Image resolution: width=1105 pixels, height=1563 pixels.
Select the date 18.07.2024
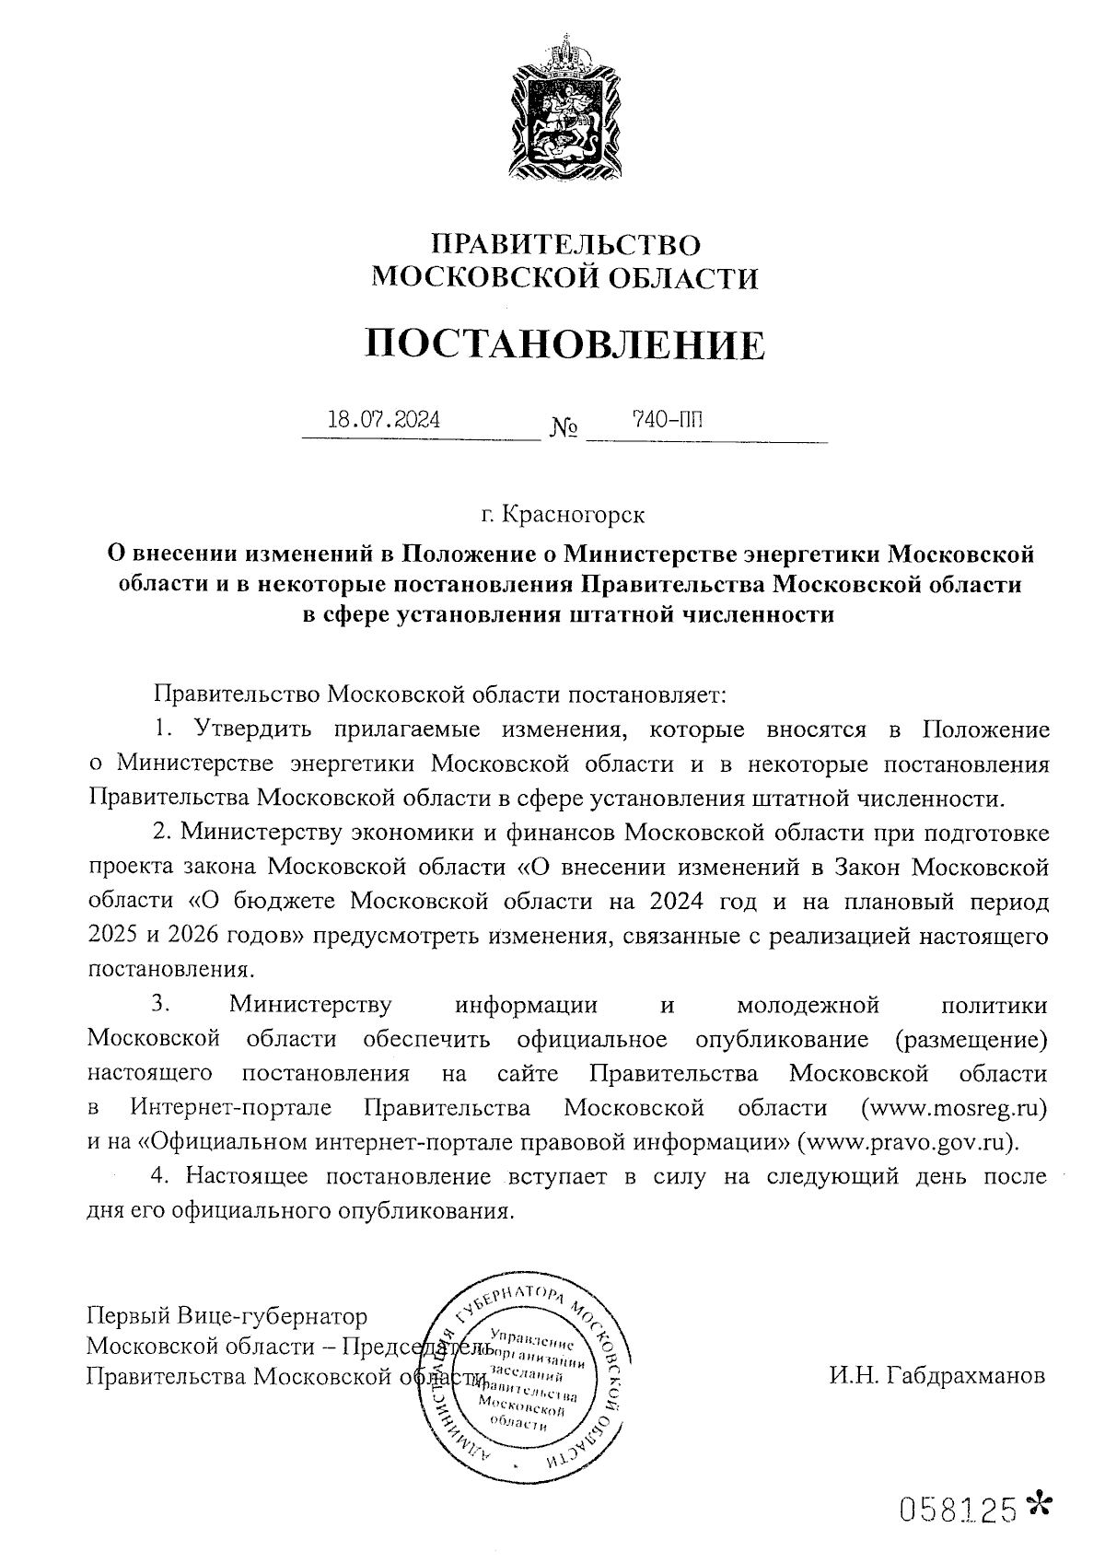(384, 421)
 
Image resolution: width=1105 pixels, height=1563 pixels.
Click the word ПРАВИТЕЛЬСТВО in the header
(566, 244)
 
